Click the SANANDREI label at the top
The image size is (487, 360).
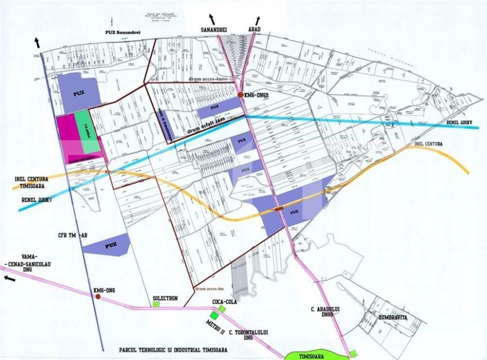pos(214,30)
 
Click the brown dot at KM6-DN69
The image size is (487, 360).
pos(240,95)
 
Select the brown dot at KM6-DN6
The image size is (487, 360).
pos(98,296)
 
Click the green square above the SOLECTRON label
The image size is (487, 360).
pos(156,304)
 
